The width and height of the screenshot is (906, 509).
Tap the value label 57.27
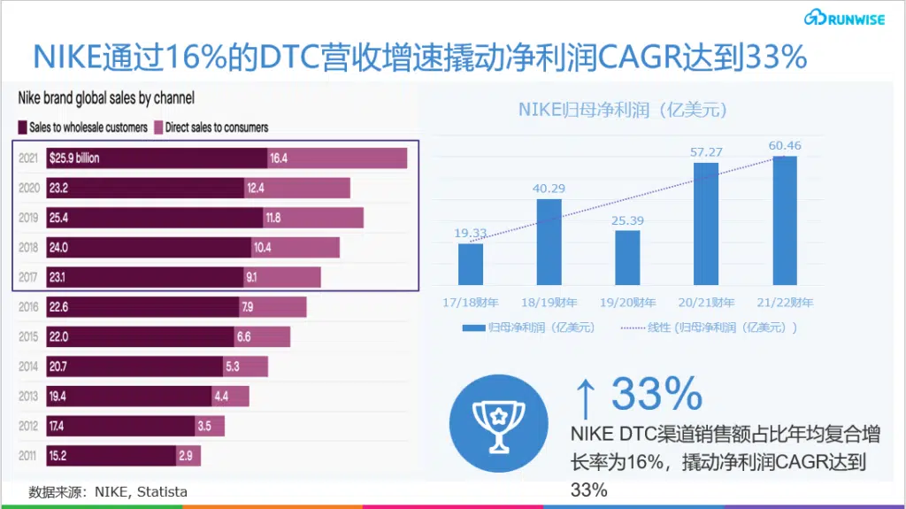coord(706,152)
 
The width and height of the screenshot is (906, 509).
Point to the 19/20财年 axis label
coord(627,303)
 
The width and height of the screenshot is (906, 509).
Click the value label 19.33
coord(471,233)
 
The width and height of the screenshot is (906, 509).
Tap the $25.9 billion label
coord(74,158)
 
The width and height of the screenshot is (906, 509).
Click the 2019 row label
coord(28,218)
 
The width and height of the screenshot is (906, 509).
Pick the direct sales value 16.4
coord(280,158)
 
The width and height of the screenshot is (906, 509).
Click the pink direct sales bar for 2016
coord(273,307)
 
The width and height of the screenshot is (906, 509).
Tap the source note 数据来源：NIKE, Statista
coord(108,491)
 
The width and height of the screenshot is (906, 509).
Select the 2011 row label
coord(28,456)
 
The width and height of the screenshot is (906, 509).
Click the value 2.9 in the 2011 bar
coord(185,456)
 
